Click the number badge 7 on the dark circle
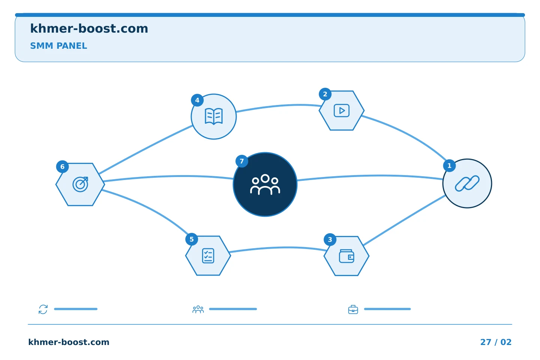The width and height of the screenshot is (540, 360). (x=241, y=161)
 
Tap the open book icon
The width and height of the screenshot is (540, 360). (x=214, y=117)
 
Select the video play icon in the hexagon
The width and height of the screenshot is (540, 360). (x=341, y=110)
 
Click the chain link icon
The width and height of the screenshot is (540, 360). (x=467, y=183)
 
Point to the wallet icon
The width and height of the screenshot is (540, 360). (x=346, y=256)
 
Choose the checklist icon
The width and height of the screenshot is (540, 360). (x=208, y=256)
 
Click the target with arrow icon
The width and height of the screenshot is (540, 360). (x=80, y=184)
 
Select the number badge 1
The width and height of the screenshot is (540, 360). (x=449, y=166)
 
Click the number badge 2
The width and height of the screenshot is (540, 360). (x=325, y=94)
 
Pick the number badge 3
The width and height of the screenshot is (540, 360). (x=330, y=239)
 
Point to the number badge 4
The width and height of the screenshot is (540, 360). (x=197, y=100)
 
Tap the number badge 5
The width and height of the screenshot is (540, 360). (x=192, y=239)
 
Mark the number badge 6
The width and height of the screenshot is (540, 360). (x=62, y=166)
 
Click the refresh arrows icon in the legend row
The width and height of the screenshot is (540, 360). (x=43, y=309)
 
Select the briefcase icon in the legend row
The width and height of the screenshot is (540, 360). (x=353, y=309)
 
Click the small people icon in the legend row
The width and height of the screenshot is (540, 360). (x=198, y=309)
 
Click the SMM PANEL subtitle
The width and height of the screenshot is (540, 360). (x=58, y=46)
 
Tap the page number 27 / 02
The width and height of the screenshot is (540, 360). (x=496, y=342)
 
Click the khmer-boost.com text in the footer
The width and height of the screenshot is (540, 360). (x=69, y=342)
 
